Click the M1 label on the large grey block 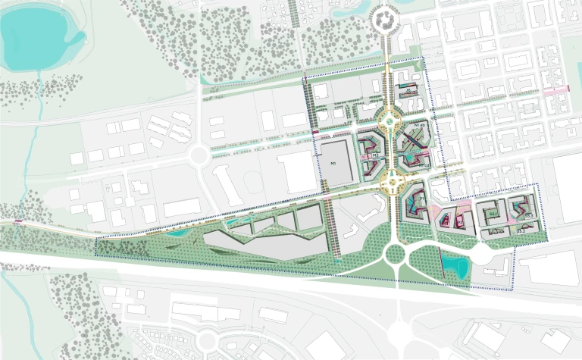pyautogui.click(x=331, y=162)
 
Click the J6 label pyautogui.click(x=408, y=91)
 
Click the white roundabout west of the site pyautogui.click(x=199, y=156)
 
